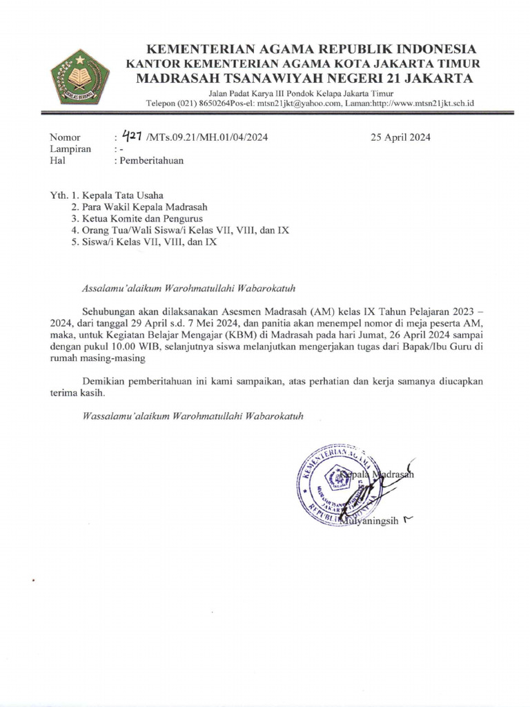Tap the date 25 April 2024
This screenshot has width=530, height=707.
coord(400,137)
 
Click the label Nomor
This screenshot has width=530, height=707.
coord(65,137)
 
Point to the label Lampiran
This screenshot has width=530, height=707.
coord(69,149)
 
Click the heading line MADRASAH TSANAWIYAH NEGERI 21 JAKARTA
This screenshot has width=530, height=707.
coord(304,77)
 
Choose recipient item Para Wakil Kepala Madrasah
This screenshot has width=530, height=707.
coord(145,206)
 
